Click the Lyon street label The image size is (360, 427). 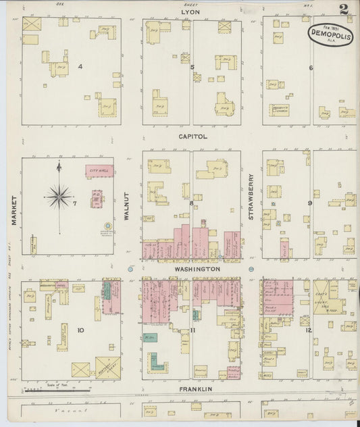[191, 12]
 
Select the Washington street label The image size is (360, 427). [197, 269]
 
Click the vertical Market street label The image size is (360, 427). [13, 210]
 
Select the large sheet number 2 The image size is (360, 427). [344, 9]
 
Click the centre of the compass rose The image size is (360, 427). [59, 197]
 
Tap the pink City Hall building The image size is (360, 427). [99, 172]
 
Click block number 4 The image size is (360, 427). [80, 66]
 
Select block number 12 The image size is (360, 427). [309, 330]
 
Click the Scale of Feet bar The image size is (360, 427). [57, 390]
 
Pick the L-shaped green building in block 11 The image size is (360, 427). [155, 361]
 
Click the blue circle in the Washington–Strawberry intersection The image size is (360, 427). [251, 269]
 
